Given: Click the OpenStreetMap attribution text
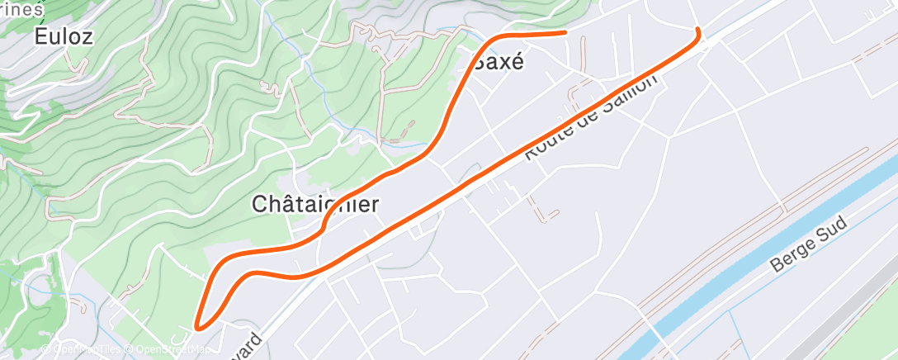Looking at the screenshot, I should click(x=169, y=349).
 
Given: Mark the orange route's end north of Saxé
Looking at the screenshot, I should click(x=565, y=32).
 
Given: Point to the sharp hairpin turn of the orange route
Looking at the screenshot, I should click(x=198, y=327).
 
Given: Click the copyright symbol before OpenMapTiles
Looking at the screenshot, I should click(x=46, y=349).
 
